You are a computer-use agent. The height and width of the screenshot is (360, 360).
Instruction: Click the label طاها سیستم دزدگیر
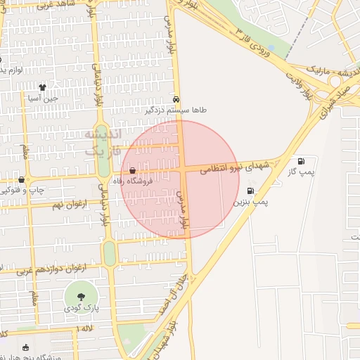pos(176,110)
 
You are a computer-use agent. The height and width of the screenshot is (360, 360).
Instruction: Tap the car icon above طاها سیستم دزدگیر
pos(176,100)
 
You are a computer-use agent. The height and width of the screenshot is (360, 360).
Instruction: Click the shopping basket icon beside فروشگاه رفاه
pos(133,171)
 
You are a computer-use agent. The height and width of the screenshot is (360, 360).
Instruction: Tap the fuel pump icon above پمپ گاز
pos(302,161)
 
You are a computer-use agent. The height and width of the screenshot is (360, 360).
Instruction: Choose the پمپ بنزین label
pos(251,201)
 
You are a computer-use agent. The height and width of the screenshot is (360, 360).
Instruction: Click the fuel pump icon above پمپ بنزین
pos(250,191)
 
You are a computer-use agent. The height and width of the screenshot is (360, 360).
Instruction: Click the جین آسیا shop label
pos(42,98)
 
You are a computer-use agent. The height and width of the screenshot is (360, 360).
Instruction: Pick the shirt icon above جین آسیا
pos(42,88)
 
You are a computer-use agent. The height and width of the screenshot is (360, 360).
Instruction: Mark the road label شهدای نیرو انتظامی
pos(235,168)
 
